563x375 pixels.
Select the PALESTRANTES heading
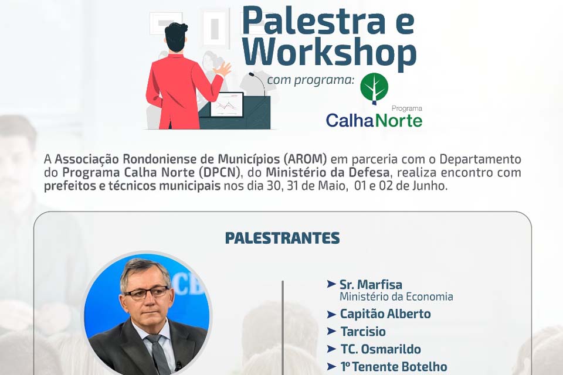[282, 238]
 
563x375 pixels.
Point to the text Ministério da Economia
[396, 297]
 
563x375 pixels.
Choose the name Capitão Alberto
[385, 314]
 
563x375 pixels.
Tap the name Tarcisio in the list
[363, 332]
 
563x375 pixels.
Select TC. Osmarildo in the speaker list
[381, 349]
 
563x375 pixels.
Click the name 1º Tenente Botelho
[394, 367]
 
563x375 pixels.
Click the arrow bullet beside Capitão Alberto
[331, 314]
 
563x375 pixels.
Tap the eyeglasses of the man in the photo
[146, 292]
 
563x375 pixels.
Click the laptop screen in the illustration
[226, 104]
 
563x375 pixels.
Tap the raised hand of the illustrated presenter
[223, 70]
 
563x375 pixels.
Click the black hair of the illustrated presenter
[176, 36]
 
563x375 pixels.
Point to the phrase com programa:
[311, 79]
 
